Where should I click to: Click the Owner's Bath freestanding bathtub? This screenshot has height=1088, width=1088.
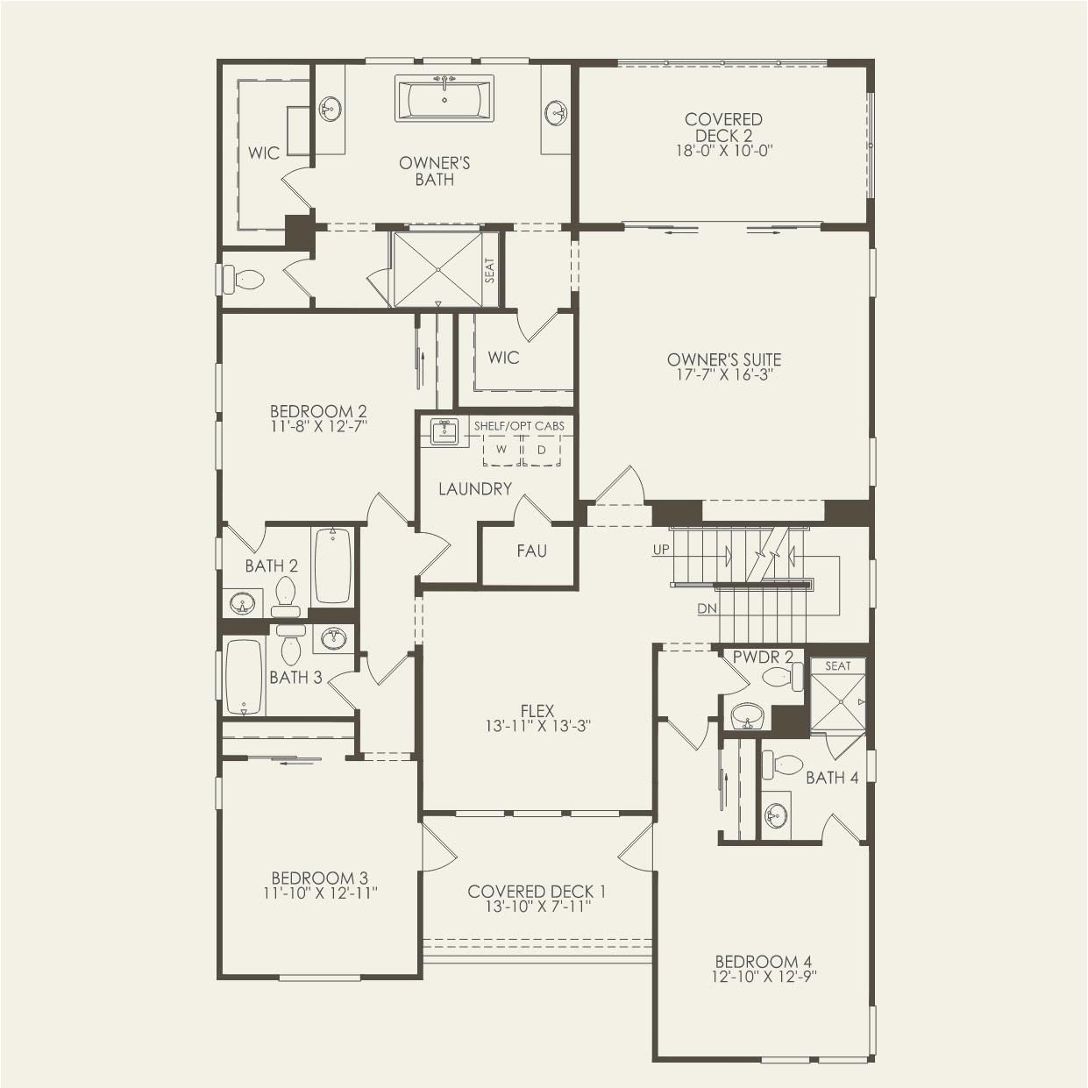click(x=444, y=99)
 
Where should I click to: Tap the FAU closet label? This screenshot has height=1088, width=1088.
click(x=531, y=551)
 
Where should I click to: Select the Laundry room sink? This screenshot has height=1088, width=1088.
click(x=444, y=431)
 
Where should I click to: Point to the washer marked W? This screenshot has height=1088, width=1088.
click(x=501, y=450)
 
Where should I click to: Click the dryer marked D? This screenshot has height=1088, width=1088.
click(x=542, y=450)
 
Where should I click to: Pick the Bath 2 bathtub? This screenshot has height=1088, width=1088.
click(x=332, y=565)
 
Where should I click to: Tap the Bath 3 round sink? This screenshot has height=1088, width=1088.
click(x=333, y=638)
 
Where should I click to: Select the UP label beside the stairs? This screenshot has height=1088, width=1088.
click(x=661, y=550)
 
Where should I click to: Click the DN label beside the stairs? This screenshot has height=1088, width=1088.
click(x=708, y=608)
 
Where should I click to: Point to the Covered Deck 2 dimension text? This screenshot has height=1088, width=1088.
click(x=723, y=150)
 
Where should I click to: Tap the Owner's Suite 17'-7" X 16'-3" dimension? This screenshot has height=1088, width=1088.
click(x=723, y=375)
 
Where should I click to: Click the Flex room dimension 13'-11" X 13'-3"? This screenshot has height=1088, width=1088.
click(x=537, y=726)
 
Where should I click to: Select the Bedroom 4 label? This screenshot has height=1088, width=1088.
click(x=757, y=961)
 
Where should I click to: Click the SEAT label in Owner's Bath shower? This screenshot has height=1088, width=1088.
click(x=490, y=270)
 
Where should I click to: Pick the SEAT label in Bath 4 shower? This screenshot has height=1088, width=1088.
click(x=837, y=666)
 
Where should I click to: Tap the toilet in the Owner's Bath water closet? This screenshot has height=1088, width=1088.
click(x=245, y=280)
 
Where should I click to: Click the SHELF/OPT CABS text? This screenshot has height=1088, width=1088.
click(x=519, y=426)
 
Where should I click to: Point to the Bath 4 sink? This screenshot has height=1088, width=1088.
click(x=774, y=816)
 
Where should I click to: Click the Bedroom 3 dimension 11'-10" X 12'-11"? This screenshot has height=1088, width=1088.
click(x=319, y=893)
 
